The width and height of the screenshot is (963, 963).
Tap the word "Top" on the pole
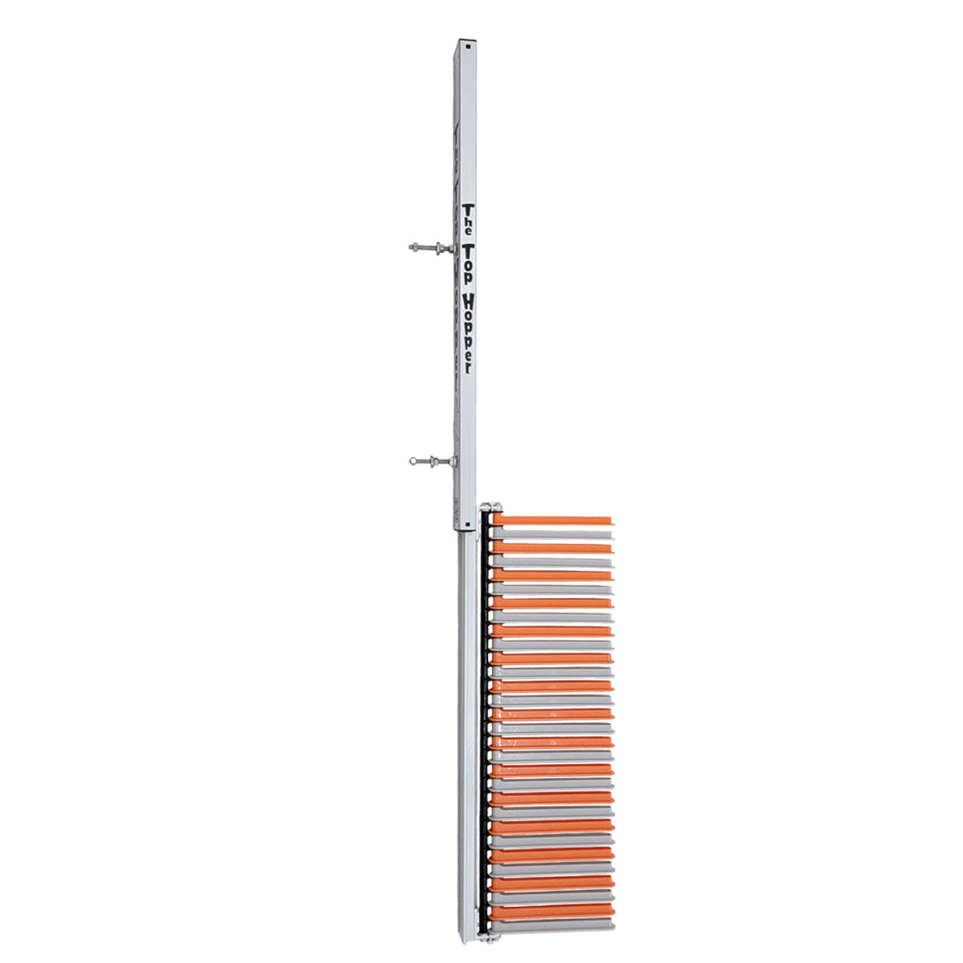(467, 261)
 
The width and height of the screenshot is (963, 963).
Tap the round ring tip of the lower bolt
(412, 461)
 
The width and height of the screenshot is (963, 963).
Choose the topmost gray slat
(554, 534)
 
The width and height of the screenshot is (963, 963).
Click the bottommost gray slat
(554, 924)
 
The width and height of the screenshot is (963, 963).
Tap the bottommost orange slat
(554, 911)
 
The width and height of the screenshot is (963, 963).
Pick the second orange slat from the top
(554, 548)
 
